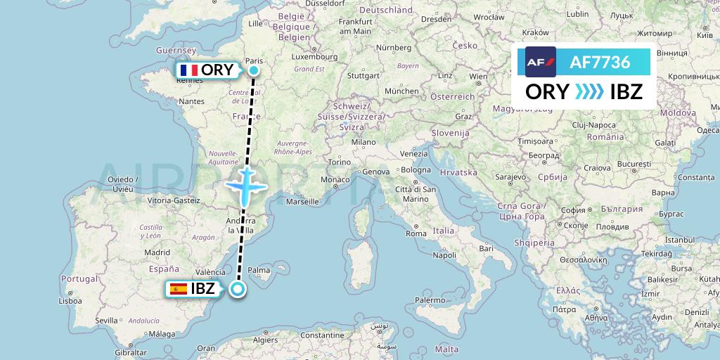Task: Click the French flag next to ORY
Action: click(188, 70)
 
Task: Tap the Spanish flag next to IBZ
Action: click(179, 288)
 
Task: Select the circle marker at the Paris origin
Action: click(254, 70)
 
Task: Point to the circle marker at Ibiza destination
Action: click(238, 288)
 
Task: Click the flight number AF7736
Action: click(599, 62)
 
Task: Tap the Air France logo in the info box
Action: click(541, 62)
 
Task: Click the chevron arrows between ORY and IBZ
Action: click(589, 92)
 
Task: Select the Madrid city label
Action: click(157, 252)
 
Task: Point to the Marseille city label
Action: click(303, 202)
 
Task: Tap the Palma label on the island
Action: click(259, 269)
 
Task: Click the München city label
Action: click(401, 91)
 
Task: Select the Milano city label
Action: click(364, 141)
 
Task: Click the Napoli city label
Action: click(444, 255)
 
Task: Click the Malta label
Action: click(446, 349)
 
